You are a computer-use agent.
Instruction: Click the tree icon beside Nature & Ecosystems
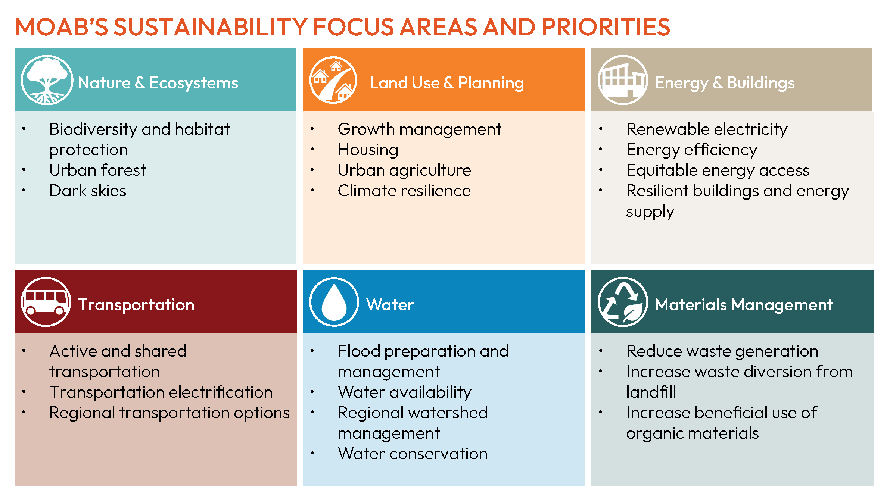(x=47, y=80)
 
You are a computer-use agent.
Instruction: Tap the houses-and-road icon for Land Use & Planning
(x=333, y=80)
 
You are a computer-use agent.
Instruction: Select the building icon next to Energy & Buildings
(x=622, y=80)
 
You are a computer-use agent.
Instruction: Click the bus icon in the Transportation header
(x=46, y=302)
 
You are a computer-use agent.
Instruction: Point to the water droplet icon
(x=334, y=302)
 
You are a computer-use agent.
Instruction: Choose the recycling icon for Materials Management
(x=622, y=302)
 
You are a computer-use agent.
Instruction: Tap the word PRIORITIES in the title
(x=606, y=27)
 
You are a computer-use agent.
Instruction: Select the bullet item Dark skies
(x=88, y=191)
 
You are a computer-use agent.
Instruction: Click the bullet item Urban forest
(x=97, y=170)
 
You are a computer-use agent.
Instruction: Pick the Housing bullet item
(x=368, y=150)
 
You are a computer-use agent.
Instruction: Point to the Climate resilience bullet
(x=404, y=191)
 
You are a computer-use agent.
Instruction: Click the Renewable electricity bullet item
(x=707, y=129)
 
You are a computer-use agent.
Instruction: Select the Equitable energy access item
(x=718, y=170)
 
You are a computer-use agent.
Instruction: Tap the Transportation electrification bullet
(x=161, y=392)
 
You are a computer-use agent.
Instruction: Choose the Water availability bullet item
(x=404, y=392)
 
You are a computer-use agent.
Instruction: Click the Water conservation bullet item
(x=413, y=454)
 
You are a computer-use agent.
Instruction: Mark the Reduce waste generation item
(x=722, y=351)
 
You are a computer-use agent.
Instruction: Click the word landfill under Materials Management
(x=651, y=392)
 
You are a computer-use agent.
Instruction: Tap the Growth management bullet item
(x=419, y=129)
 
